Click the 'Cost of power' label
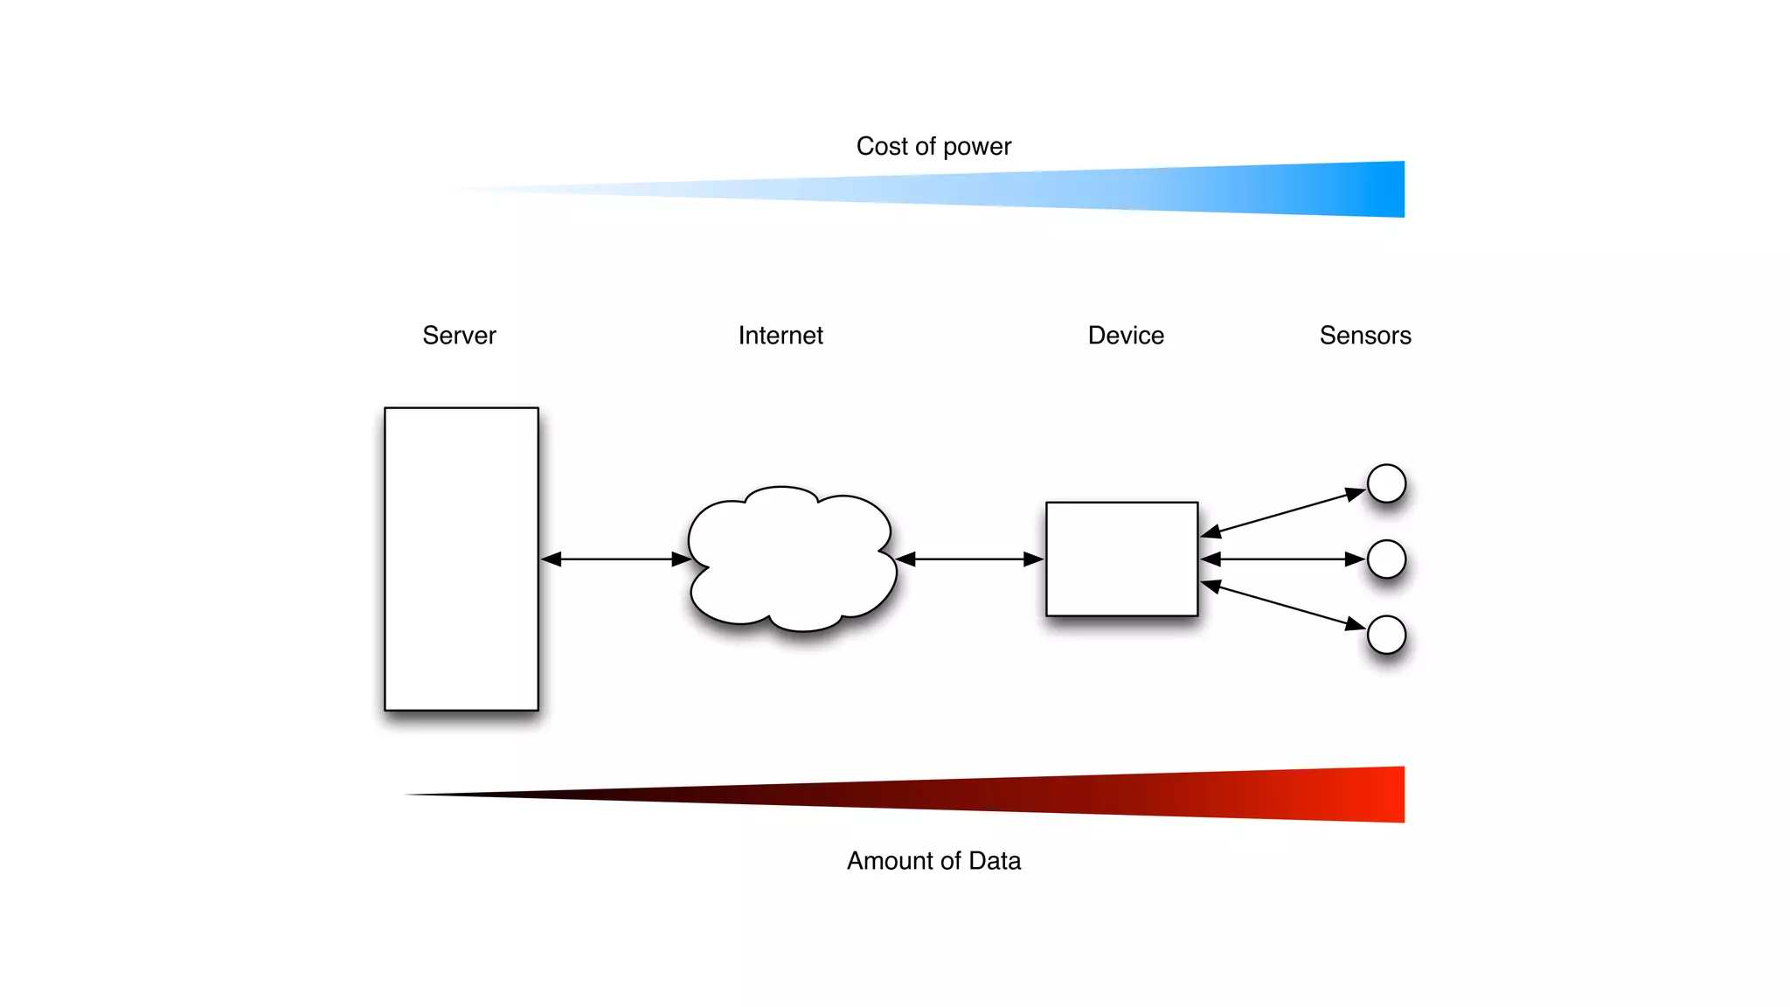(x=933, y=146)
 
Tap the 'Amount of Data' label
(x=933, y=861)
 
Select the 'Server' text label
(x=459, y=336)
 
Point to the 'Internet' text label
(x=781, y=336)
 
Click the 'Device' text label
(x=1126, y=336)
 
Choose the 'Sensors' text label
(x=1365, y=336)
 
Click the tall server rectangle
(x=461, y=559)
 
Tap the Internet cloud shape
(x=791, y=559)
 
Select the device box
(x=1121, y=559)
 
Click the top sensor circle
(x=1386, y=483)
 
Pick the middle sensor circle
(x=1386, y=559)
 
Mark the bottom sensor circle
(x=1386, y=635)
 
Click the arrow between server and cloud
(x=616, y=559)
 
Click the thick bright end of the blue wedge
(x=1381, y=189)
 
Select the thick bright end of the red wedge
(x=1381, y=795)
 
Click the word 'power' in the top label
(x=977, y=147)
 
